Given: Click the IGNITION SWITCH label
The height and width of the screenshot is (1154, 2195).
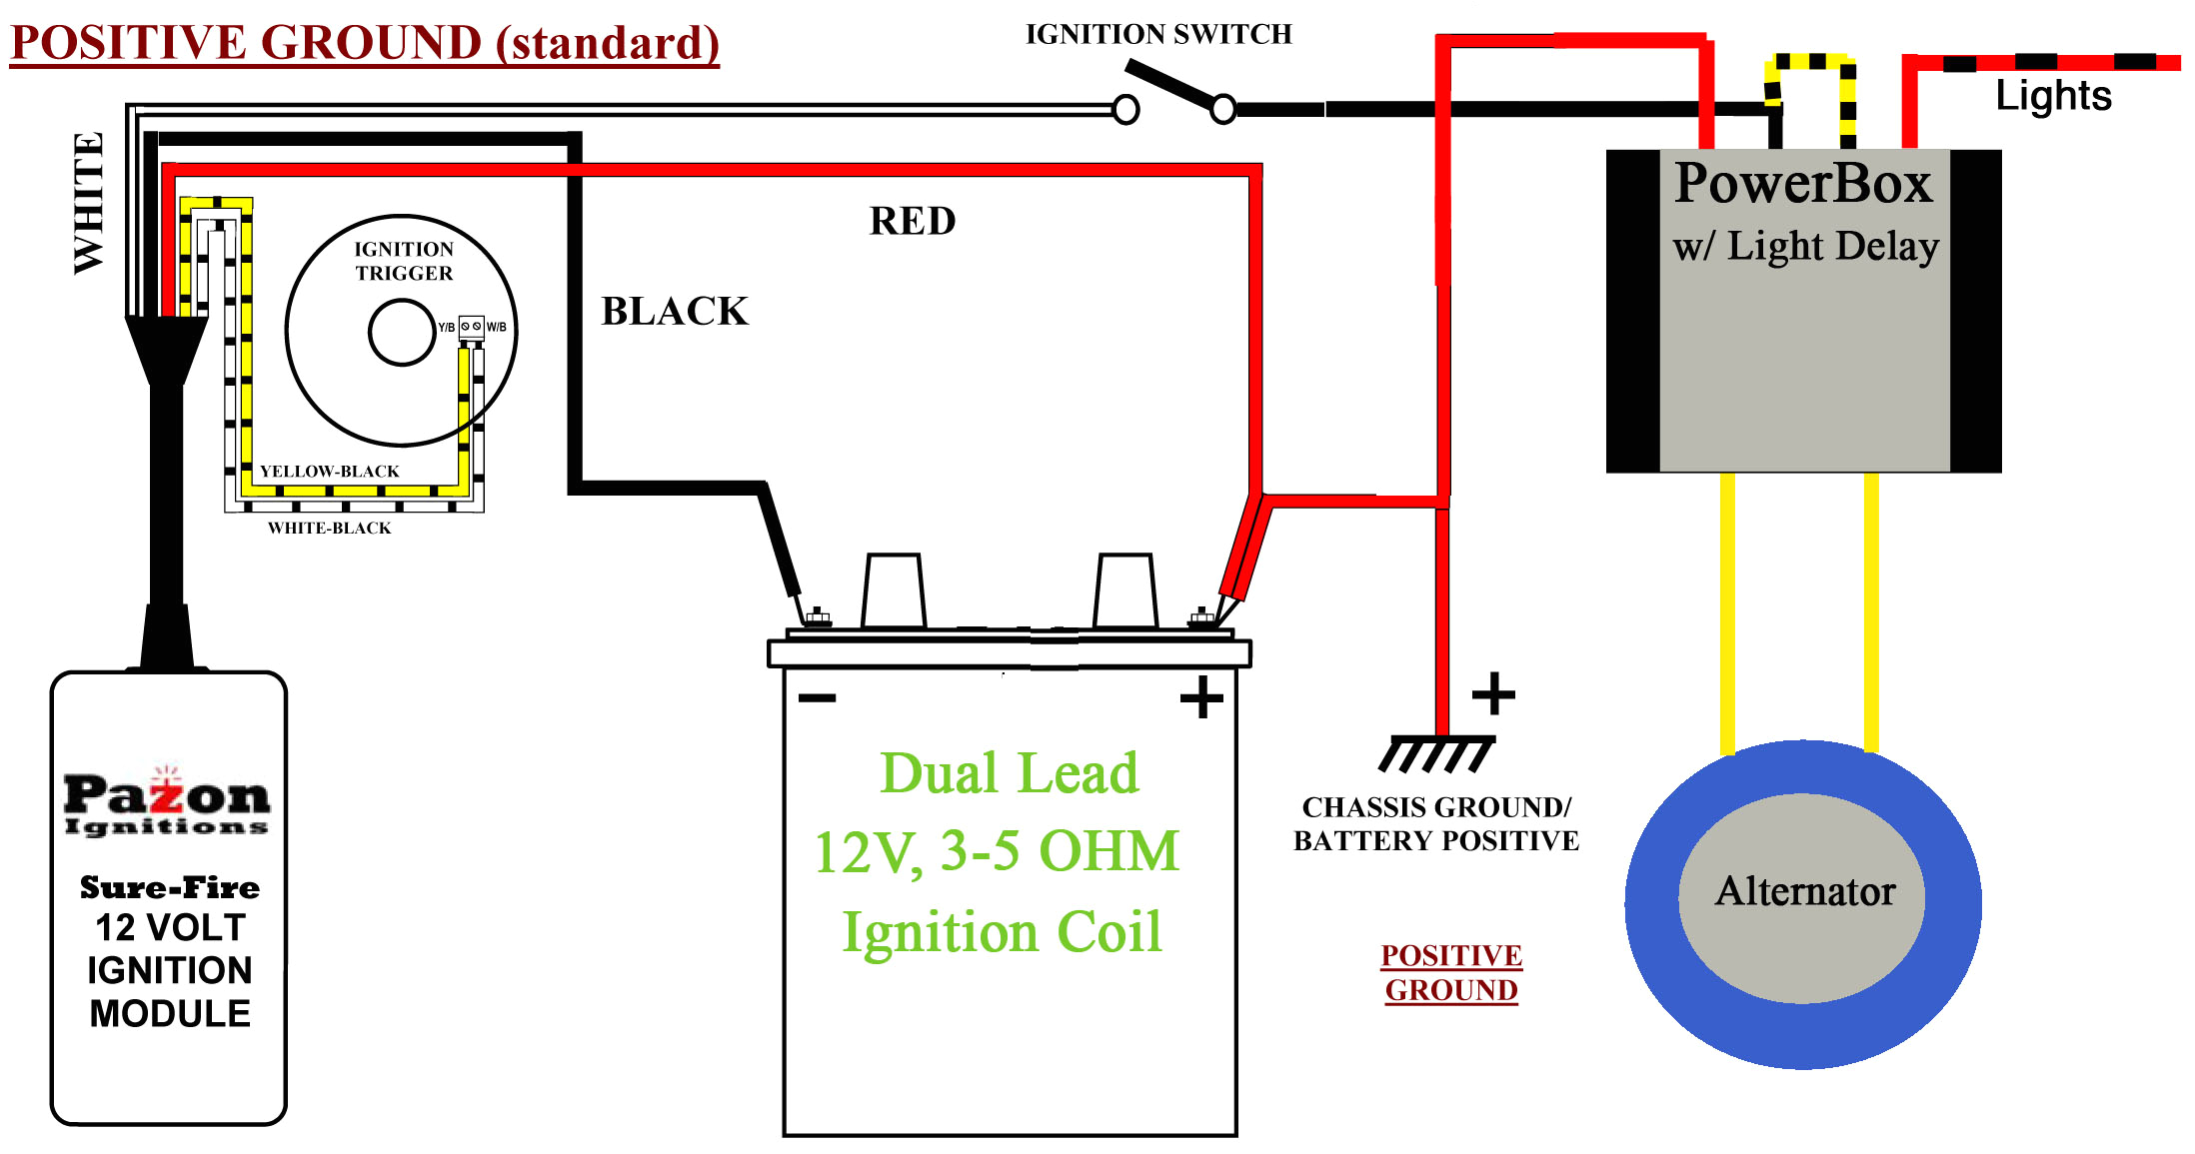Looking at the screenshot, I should coord(1158,35).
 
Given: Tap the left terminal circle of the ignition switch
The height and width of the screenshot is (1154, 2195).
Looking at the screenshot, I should coord(1125,109).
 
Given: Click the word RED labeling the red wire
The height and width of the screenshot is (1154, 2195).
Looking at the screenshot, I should coord(912,222).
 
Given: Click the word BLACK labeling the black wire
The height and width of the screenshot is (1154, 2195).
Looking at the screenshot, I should coord(675,312).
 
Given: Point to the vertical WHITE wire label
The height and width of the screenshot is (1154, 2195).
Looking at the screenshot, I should coord(89,203).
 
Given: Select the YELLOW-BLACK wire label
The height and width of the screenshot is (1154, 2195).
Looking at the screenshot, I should coord(329,472).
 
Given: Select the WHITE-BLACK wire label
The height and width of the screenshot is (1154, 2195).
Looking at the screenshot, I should coord(329,528).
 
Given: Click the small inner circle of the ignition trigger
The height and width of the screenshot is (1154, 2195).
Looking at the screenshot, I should coord(402,333).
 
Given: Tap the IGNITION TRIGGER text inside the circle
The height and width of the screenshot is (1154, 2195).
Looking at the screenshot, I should coord(404,261).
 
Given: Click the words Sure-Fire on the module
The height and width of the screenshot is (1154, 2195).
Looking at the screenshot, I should coord(170,887).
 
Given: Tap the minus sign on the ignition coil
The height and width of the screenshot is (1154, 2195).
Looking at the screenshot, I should coord(817,697).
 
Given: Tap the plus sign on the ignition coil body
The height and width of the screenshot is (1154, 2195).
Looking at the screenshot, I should coord(1201,697).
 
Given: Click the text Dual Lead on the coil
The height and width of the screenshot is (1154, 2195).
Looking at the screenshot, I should coord(1009,774).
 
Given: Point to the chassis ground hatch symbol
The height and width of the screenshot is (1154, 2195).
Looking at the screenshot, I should coord(1436,754).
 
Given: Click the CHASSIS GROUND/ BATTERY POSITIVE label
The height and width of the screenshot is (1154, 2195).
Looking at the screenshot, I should coord(1436,824).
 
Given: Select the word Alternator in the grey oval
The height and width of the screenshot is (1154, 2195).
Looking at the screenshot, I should coord(1805,891).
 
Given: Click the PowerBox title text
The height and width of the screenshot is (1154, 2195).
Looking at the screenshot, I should coord(1803,184).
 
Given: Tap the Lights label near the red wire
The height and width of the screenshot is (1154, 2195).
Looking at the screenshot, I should coord(2053,96).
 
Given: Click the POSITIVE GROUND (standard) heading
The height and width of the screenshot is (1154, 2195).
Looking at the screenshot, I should coord(365,43).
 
